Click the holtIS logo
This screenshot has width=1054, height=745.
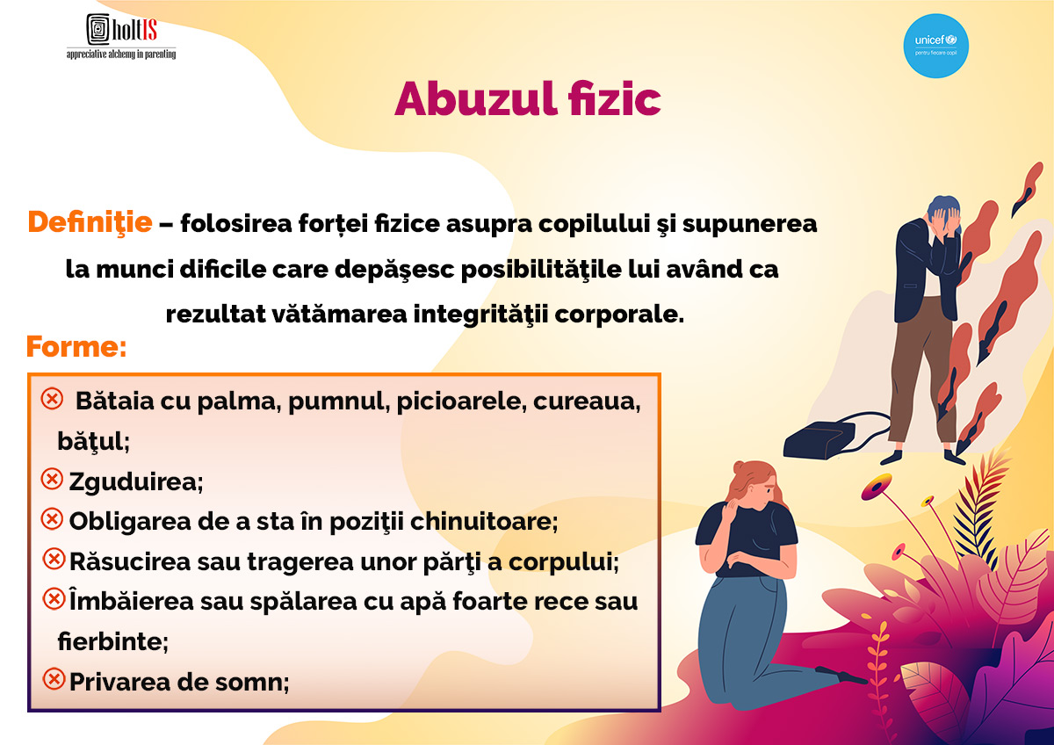point(121,36)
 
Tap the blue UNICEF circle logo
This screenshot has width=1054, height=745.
point(936,46)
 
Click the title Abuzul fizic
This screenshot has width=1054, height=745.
point(528,98)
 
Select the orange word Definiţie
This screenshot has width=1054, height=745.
point(90,222)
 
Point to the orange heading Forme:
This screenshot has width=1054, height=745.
point(76,346)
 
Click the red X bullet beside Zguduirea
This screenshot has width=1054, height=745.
point(52,480)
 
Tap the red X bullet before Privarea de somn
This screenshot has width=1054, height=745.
point(54,679)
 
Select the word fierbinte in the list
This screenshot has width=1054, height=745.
point(110,641)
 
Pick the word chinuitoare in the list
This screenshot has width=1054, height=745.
point(481,522)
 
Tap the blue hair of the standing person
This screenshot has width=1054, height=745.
point(942,206)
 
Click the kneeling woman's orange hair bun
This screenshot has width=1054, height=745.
point(740,467)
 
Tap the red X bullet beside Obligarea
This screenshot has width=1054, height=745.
point(52,519)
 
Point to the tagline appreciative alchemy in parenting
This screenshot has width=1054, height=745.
point(121,54)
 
